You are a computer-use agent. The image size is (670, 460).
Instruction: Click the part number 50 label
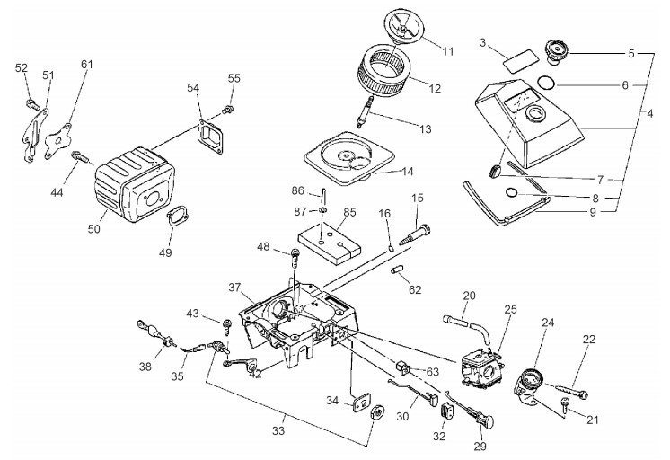click(x=94, y=229)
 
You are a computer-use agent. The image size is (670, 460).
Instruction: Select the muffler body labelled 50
click(x=134, y=184)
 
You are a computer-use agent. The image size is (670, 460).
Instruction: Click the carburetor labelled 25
click(x=482, y=367)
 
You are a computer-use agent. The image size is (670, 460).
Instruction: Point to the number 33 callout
click(x=278, y=430)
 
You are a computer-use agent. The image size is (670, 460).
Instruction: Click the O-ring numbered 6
click(x=547, y=83)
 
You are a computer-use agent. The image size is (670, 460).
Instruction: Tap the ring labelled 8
click(x=511, y=193)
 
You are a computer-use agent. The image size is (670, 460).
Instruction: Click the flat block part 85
click(x=329, y=243)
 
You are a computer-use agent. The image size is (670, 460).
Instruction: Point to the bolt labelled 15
click(x=416, y=234)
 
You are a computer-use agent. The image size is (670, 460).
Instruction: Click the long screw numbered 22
click(x=572, y=391)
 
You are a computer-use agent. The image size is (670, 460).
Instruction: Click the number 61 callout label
click(x=87, y=64)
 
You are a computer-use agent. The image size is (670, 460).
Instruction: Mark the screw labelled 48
click(x=295, y=258)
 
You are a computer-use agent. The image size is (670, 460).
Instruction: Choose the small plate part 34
click(x=362, y=402)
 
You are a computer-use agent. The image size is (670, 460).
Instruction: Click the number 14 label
click(x=408, y=172)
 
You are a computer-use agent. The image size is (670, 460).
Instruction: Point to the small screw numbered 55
click(x=228, y=110)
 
